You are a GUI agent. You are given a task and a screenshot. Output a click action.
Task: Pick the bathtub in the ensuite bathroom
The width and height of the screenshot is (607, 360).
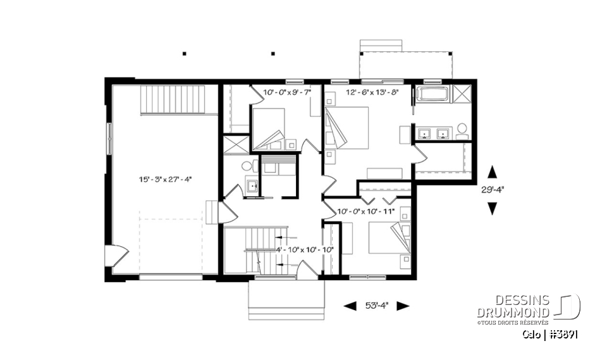point(433,96)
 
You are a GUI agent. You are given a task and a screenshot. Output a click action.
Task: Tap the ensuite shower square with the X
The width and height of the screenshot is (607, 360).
point(462,95)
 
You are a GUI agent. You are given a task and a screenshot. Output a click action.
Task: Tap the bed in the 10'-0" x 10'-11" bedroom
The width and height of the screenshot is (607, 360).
point(386,237)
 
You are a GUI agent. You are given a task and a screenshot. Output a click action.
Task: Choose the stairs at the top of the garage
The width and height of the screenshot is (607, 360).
point(173,99)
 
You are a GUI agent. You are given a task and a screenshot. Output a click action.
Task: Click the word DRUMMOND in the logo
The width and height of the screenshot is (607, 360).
point(513,312)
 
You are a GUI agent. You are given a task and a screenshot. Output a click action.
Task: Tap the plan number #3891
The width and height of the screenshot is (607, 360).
point(564,333)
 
